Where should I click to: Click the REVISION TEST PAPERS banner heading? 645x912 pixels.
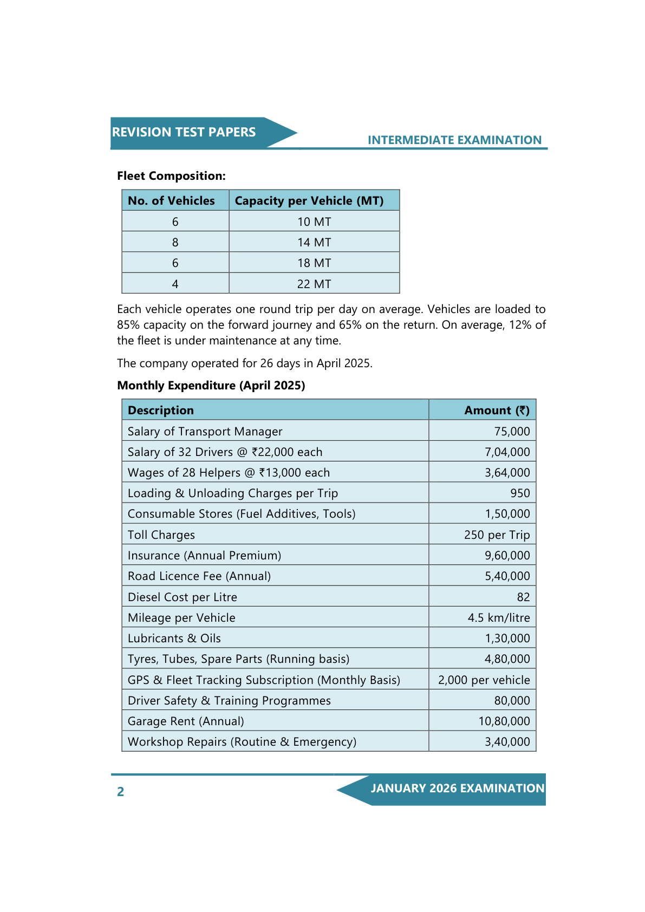pos(184,132)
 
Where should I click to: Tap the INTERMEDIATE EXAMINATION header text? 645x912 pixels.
pos(454,140)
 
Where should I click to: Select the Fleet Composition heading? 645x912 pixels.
pos(171,176)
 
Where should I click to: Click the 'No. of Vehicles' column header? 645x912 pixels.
pos(171,201)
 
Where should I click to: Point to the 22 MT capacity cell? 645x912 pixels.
pos(314,284)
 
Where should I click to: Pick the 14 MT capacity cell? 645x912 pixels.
pos(314,243)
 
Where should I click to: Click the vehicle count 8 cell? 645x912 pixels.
pos(175,243)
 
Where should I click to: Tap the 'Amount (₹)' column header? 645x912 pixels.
pos(497,411)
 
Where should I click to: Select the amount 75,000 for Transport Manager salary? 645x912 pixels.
pos(512,432)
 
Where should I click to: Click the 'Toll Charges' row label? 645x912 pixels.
pos(161,535)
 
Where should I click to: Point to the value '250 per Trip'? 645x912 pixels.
pos(497,535)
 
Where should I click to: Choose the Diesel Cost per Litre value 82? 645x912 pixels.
pos(523,597)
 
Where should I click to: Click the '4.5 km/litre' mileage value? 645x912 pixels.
pos(499,618)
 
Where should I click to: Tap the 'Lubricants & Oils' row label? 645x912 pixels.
pos(174,639)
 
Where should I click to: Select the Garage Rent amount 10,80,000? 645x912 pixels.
pos(504,721)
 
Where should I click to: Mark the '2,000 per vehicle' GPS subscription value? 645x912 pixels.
pos(484,680)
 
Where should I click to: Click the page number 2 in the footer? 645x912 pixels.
pos(121,792)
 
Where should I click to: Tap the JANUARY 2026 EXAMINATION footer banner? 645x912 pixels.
pos(457,789)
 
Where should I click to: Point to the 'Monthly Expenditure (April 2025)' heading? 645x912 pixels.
pos(211,386)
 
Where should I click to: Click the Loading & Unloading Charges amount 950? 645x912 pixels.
pos(520,493)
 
